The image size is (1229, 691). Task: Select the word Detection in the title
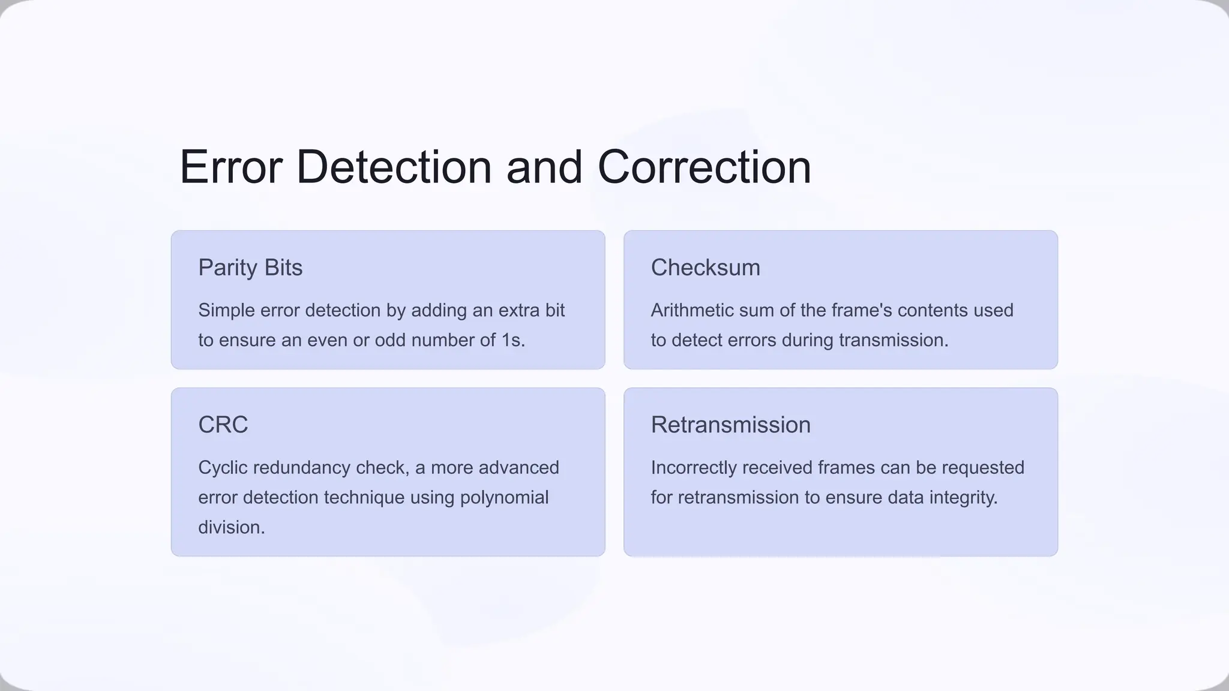[x=394, y=167]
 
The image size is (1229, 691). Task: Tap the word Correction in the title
[x=704, y=167]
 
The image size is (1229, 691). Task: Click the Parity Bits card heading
[x=250, y=268]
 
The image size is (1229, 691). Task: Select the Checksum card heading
[x=705, y=268]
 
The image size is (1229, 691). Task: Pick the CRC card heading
[x=223, y=425]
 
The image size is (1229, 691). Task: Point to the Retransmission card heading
[x=730, y=425]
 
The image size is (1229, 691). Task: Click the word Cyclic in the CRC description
[x=223, y=467]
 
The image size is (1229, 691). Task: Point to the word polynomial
[x=504, y=497]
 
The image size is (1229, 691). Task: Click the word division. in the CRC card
[x=231, y=527]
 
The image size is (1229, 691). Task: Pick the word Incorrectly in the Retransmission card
[x=694, y=467]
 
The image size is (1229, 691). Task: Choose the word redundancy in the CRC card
[x=301, y=467]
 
